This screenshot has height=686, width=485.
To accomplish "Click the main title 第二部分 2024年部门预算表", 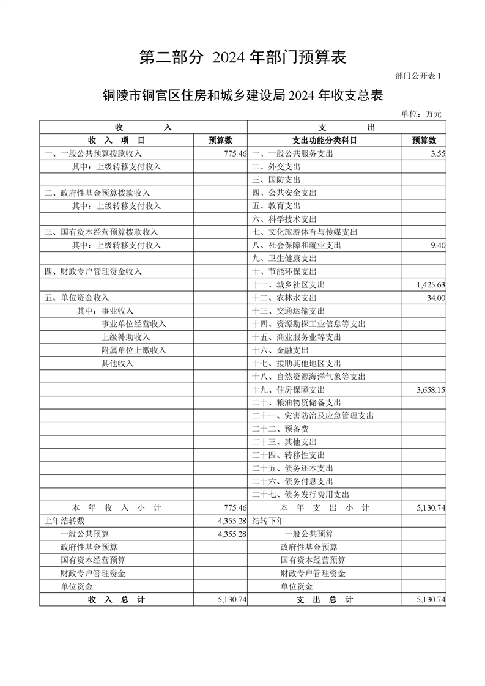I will point(243,57).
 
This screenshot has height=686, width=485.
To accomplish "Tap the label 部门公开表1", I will point(418,76).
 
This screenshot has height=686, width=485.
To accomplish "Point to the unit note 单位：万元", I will point(421,113).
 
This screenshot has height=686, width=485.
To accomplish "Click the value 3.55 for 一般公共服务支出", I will point(437,154).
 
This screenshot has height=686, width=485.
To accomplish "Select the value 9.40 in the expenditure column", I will point(437,245).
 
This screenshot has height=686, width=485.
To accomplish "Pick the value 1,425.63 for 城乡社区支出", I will point(431,285).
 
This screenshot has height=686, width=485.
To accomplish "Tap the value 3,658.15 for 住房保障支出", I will point(431,389).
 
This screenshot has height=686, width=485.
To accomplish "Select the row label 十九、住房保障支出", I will point(288,389).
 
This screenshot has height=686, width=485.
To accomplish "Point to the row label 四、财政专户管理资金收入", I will point(93,271).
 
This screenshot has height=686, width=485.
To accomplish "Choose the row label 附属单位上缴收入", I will point(133,350).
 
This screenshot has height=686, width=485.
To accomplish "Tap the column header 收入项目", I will point(116,141).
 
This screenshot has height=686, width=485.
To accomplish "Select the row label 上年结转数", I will point(62,521).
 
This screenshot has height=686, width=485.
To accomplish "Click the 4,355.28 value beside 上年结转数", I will point(232,521).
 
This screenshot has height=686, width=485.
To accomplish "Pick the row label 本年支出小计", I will point(325,508).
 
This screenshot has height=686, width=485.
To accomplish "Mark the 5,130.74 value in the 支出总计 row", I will point(431,600).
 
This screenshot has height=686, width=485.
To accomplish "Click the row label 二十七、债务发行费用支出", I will point(300,495).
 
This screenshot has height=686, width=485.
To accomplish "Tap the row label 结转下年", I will point(268,521).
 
